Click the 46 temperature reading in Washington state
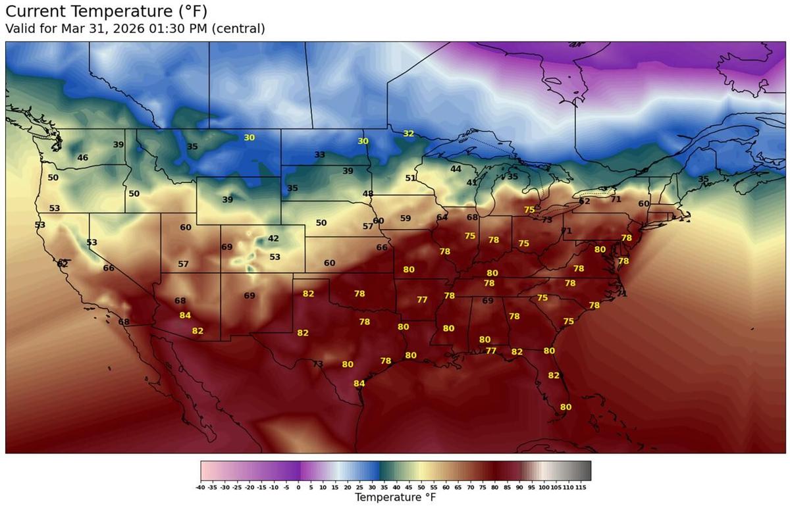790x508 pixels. pyautogui.click(x=82, y=158)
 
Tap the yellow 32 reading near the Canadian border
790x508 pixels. pyautogui.click(x=408, y=134)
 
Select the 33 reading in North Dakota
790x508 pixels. pyautogui.click(x=319, y=155)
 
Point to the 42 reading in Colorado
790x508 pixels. pyautogui.click(x=273, y=239)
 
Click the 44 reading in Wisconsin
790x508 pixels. pyautogui.click(x=456, y=169)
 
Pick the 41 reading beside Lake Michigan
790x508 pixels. pyautogui.click(x=472, y=183)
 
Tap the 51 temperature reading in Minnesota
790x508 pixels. pyautogui.click(x=410, y=178)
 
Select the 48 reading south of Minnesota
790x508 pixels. pyautogui.click(x=368, y=194)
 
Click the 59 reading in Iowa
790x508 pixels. pyautogui.click(x=406, y=218)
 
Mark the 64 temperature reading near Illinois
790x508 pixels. pyautogui.click(x=442, y=218)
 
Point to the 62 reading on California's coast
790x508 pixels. pyautogui.click(x=63, y=264)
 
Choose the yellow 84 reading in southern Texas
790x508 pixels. pyautogui.click(x=359, y=384)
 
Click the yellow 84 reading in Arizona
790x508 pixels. pyautogui.click(x=185, y=316)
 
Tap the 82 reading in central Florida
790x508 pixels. pyautogui.click(x=554, y=376)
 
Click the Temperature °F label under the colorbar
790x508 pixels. pyautogui.click(x=395, y=497)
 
